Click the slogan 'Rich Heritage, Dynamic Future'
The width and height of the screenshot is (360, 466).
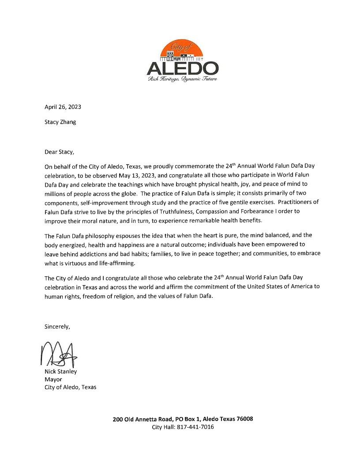coord(182,79)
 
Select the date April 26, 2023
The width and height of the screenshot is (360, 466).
coord(63,107)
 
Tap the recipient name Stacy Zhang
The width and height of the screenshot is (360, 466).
coord(60,122)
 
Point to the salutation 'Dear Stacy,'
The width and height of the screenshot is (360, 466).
coord(60,152)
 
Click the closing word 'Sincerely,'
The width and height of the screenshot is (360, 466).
coord(57,327)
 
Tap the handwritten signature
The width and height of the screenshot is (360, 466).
coord(59,354)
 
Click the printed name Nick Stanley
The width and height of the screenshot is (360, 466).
coord(60,372)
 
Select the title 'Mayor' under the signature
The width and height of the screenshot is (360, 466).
coord(53,380)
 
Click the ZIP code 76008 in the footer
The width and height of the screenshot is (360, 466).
coord(244,419)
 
